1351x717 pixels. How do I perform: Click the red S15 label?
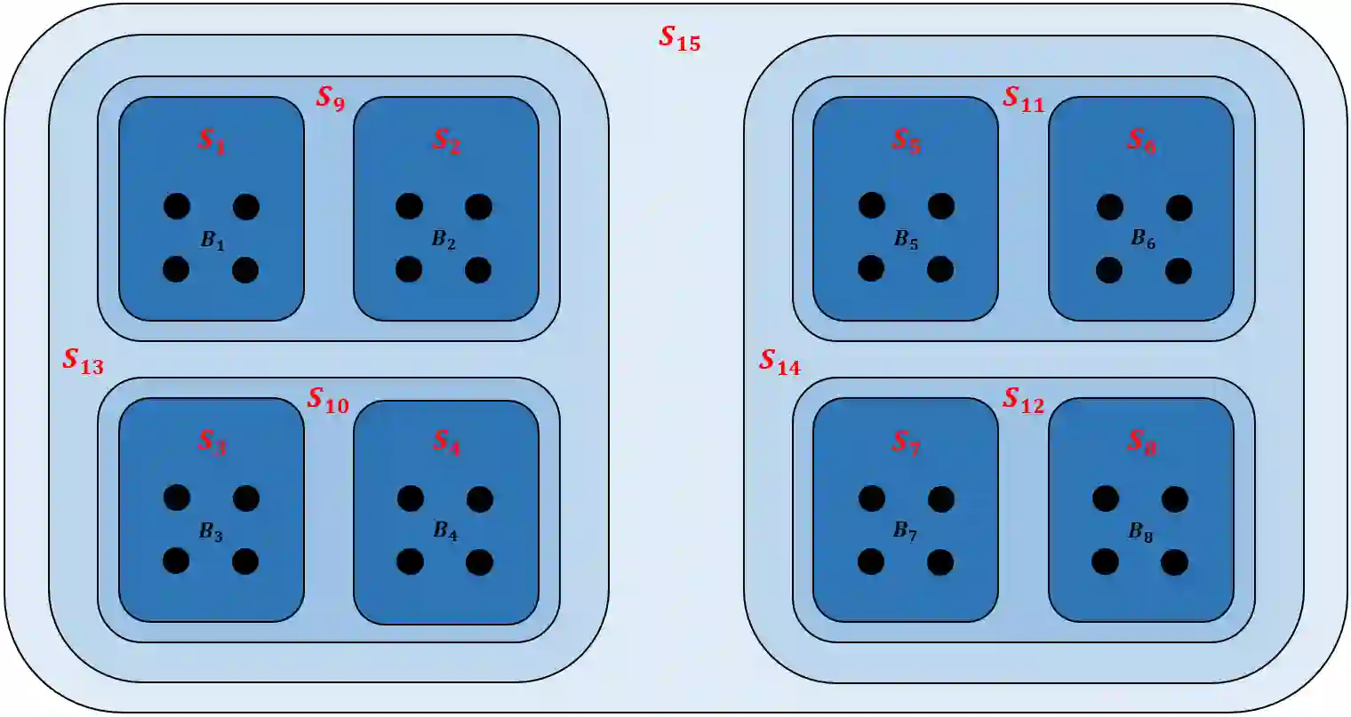click(x=679, y=38)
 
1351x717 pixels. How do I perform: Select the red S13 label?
click(x=83, y=362)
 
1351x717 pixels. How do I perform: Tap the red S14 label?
click(x=779, y=362)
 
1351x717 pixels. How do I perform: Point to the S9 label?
click(x=330, y=98)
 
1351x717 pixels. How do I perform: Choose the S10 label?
click(x=327, y=401)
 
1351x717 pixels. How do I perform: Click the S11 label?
click(x=1023, y=99)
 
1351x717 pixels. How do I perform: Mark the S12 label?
click(x=1023, y=401)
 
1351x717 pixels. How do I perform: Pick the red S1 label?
click(x=212, y=140)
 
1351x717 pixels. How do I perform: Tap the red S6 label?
click(x=1141, y=140)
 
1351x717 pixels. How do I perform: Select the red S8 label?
click(x=1141, y=442)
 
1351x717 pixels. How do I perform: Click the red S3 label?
click(x=212, y=442)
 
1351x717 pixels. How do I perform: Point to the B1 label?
click(x=212, y=240)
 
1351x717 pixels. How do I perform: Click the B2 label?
click(x=444, y=240)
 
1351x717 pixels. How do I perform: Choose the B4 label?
click(x=444, y=531)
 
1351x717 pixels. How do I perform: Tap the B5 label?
click(x=906, y=240)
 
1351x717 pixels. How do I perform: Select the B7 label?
click(x=905, y=531)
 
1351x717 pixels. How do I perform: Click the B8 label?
click(x=1141, y=532)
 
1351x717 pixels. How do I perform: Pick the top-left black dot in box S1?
click(x=177, y=206)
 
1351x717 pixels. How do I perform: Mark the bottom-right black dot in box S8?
click(x=1174, y=562)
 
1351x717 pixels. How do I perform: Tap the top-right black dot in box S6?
click(x=1179, y=208)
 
